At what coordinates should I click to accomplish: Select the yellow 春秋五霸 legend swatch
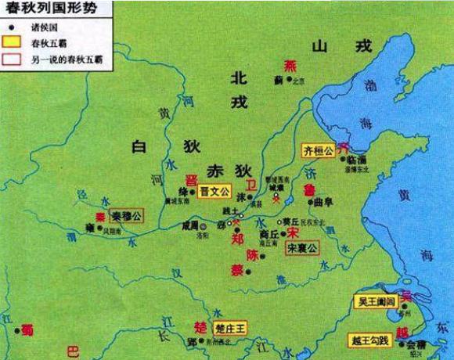point(13,41)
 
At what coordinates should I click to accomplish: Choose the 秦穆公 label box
point(125,217)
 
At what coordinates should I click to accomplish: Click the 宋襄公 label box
point(302,248)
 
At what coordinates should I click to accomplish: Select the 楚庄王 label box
point(230,326)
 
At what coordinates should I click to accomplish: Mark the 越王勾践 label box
point(373,340)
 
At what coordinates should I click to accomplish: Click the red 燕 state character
point(291,65)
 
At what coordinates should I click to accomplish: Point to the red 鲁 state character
point(312,190)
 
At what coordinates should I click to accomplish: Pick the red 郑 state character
point(239,241)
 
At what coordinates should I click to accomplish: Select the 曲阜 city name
point(323,202)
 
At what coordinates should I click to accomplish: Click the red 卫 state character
point(250,185)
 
